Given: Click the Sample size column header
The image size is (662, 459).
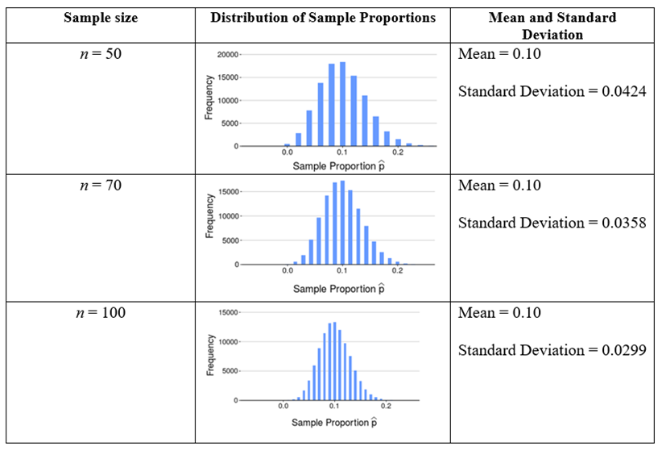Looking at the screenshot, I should [100, 18].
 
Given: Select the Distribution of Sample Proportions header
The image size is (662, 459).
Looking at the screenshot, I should [322, 18].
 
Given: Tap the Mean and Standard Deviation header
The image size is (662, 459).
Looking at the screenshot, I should [552, 26].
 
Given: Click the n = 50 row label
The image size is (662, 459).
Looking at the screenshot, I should [100, 55].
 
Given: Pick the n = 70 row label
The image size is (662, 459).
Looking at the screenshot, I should [100, 186].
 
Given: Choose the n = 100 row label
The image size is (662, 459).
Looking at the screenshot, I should [100, 313].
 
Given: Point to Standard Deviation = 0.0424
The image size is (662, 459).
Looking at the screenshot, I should [552, 91].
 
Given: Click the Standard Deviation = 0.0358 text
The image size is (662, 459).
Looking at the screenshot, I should [552, 223].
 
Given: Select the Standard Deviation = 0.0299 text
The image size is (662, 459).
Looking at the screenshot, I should [552, 350].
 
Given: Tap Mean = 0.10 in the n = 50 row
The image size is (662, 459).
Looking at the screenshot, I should [499, 55].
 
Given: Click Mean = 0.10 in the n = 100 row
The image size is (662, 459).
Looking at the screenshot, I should [499, 313].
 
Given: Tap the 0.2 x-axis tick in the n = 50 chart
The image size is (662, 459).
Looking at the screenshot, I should [398, 152].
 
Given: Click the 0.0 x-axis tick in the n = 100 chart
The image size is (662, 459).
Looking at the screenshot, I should [283, 406].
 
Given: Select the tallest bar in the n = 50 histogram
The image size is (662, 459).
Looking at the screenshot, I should [342, 104].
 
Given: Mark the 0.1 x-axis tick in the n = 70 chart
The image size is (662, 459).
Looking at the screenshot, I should [342, 271].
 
